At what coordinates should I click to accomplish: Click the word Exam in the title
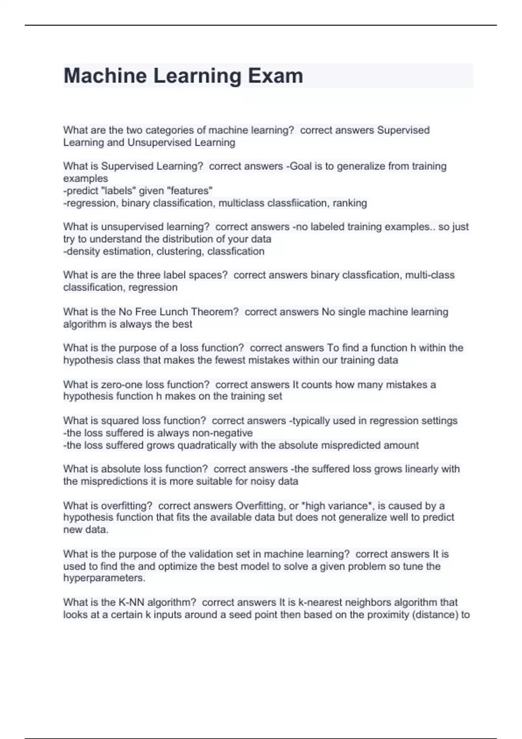click(x=275, y=76)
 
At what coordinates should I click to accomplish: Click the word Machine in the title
click(x=105, y=76)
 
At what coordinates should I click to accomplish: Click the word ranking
click(x=351, y=203)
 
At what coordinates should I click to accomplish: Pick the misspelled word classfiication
click(x=301, y=203)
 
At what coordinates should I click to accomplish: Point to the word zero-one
click(x=122, y=385)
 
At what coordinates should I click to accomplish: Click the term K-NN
click(x=132, y=603)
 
